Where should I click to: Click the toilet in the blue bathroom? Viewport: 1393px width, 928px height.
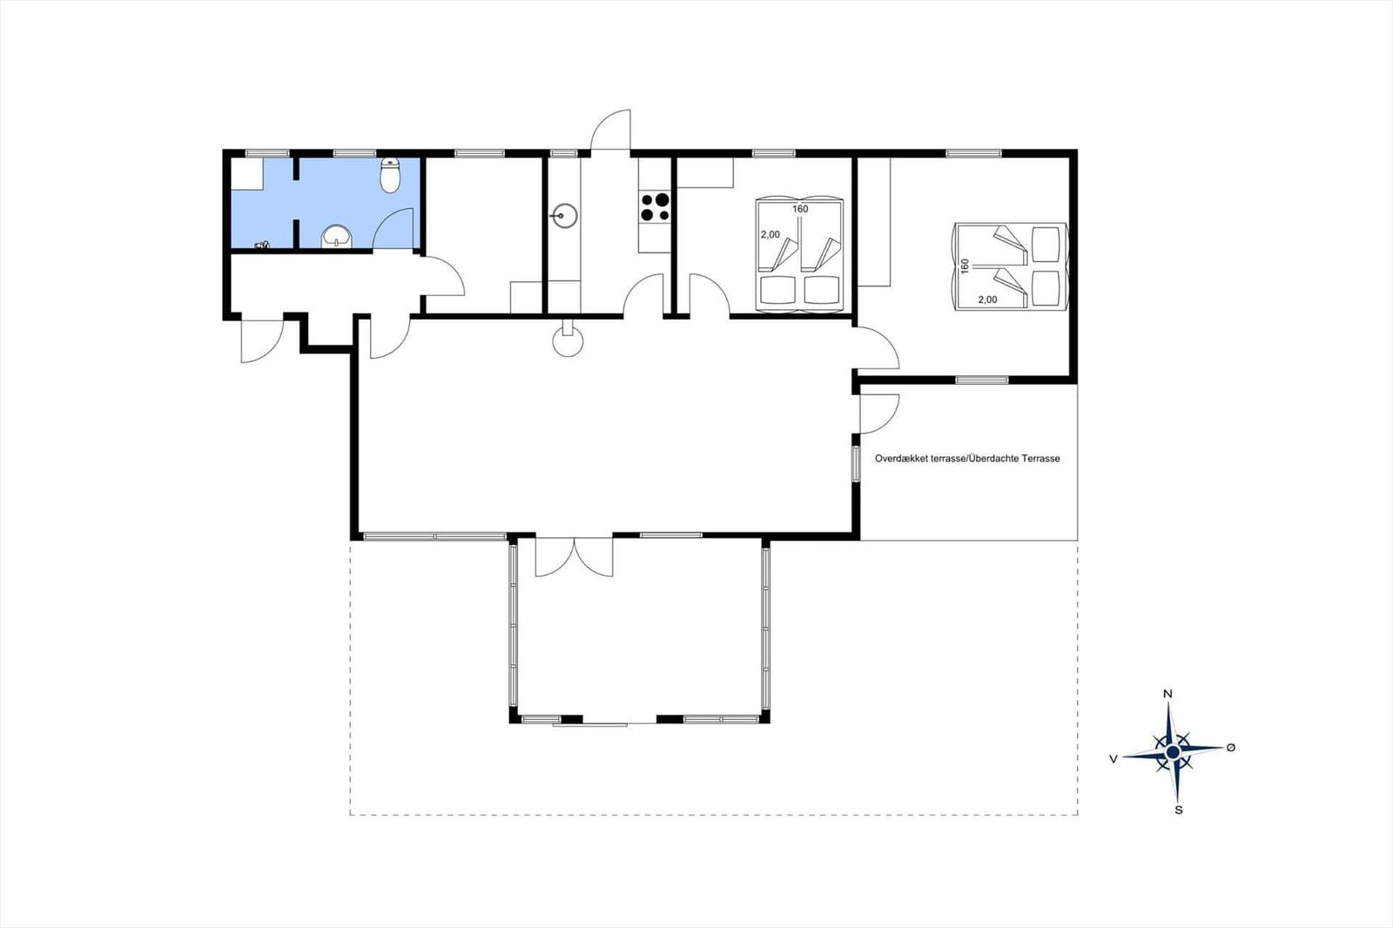390,176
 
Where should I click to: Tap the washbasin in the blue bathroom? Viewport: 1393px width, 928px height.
336,236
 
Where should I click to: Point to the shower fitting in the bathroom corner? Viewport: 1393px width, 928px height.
262,245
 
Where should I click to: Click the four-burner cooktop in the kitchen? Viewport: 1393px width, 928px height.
655,207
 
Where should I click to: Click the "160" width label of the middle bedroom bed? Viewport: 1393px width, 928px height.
800,209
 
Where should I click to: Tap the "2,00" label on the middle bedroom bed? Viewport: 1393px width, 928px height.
771,234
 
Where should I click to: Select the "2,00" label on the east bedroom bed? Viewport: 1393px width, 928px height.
987,299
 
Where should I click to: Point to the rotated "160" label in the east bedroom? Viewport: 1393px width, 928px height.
965,266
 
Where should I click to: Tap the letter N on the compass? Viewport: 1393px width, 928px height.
1168,694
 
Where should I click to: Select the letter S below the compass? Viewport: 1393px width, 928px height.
1179,810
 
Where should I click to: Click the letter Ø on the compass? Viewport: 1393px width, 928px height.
1230,748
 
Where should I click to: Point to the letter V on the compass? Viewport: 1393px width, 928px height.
1114,759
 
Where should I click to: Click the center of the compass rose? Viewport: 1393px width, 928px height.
1173,751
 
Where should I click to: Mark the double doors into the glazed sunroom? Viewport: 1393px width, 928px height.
574,557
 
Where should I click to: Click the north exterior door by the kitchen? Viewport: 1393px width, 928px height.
611,131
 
